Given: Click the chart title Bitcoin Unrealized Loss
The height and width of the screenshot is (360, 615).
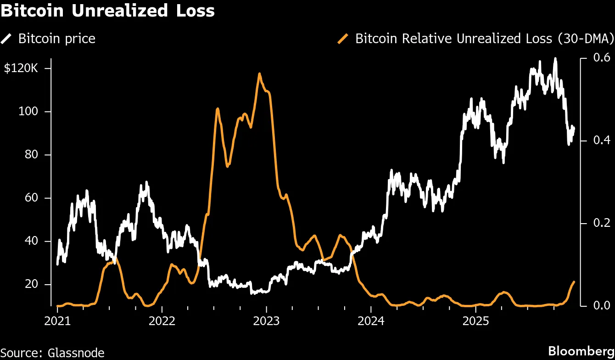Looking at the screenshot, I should [107, 11].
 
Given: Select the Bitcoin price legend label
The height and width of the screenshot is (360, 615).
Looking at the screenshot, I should [56, 39].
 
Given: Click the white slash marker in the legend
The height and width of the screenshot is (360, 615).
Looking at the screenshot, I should [7, 39].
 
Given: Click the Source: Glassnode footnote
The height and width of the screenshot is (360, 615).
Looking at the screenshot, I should [52, 353].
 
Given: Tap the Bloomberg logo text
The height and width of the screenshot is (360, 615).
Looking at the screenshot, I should [581, 351].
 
